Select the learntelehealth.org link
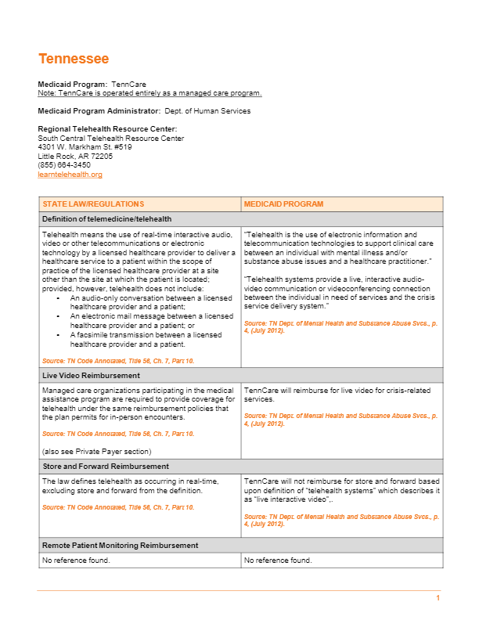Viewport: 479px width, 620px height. click(x=70, y=175)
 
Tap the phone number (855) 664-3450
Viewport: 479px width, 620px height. click(x=64, y=165)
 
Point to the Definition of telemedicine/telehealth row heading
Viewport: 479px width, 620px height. click(x=106, y=219)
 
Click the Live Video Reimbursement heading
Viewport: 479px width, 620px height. click(x=91, y=376)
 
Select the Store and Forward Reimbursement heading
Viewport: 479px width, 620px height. click(x=106, y=467)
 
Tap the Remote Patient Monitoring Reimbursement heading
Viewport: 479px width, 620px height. click(x=120, y=545)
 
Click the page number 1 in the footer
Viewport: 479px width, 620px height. click(x=438, y=598)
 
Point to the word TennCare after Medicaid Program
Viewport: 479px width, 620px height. click(x=128, y=84)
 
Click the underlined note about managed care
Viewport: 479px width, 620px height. click(x=149, y=93)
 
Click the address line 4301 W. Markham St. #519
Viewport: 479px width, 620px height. click(x=85, y=147)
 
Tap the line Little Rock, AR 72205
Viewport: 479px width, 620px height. click(x=75, y=156)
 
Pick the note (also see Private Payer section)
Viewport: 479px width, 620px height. click(x=96, y=452)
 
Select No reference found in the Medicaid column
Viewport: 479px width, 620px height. click(x=278, y=560)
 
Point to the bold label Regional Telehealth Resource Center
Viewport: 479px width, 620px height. click(x=107, y=128)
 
